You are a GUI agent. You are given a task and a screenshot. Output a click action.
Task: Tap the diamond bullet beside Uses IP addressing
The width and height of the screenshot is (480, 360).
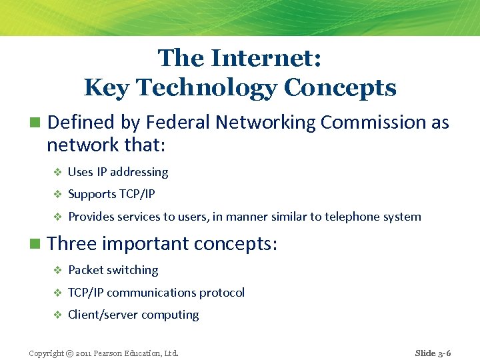(x=57, y=173)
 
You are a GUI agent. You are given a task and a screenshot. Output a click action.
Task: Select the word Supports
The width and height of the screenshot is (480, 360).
(x=92, y=195)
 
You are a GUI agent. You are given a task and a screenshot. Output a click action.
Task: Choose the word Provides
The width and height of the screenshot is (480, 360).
(x=92, y=217)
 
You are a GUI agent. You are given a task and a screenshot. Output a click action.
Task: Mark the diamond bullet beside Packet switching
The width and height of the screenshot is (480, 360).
(x=57, y=271)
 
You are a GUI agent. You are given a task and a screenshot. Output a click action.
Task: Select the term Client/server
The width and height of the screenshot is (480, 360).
(x=100, y=315)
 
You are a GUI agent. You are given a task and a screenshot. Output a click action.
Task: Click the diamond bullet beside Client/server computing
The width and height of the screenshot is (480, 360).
(x=57, y=315)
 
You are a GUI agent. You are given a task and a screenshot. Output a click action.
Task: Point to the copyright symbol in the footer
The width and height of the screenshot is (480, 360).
(x=70, y=353)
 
